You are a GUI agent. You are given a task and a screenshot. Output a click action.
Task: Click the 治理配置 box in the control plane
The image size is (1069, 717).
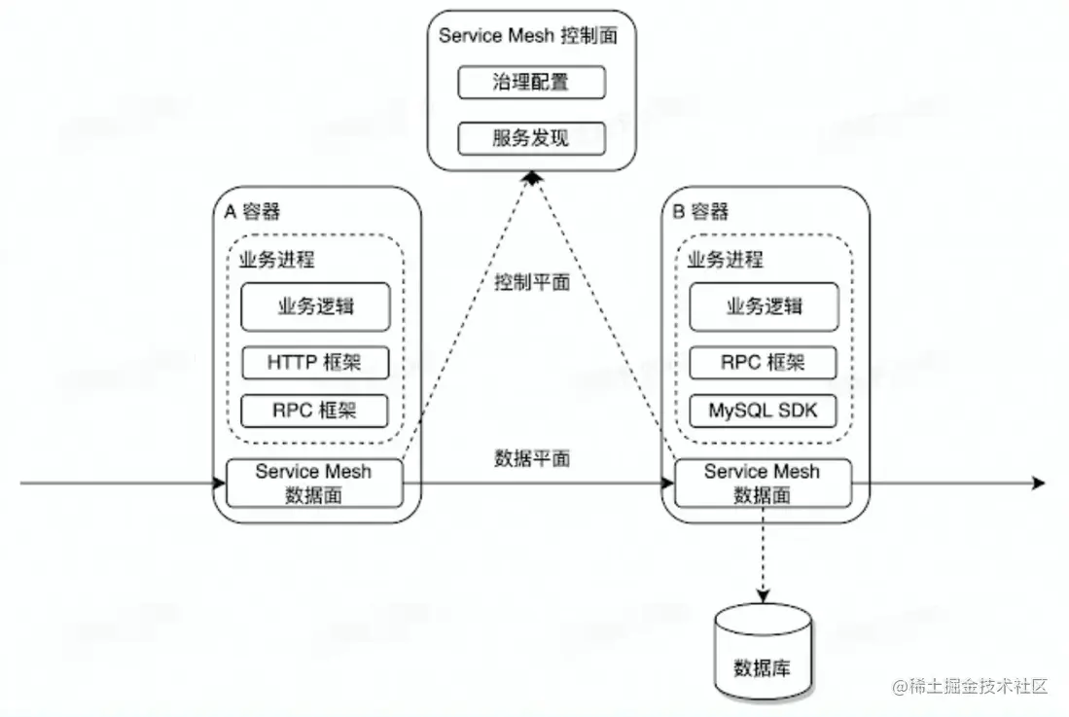click(531, 83)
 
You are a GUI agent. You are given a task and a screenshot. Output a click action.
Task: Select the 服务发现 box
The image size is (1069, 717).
click(531, 138)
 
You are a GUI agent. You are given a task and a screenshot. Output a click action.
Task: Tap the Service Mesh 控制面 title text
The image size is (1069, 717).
click(528, 36)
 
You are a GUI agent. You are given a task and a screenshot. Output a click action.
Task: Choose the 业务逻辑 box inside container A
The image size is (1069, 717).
click(315, 307)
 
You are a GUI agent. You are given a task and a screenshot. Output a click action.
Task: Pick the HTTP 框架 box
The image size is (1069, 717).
click(315, 363)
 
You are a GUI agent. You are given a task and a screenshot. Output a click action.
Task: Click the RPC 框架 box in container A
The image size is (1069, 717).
click(315, 411)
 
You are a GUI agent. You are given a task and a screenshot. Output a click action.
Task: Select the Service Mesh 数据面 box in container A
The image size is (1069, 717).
click(313, 483)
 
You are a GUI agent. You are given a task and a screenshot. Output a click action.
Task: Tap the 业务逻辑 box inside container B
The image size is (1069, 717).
click(764, 307)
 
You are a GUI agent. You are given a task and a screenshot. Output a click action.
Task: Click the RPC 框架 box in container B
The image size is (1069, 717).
click(764, 363)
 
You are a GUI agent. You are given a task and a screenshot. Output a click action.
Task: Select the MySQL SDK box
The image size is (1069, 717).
click(764, 411)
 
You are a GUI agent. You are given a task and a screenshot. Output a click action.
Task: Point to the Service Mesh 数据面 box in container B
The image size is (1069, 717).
click(763, 483)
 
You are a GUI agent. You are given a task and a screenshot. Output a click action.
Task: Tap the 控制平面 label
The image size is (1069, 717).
click(531, 283)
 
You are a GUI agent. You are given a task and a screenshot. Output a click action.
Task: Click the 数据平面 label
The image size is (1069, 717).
click(531, 458)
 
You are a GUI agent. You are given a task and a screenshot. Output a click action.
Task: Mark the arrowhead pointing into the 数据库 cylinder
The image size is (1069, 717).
click(763, 595)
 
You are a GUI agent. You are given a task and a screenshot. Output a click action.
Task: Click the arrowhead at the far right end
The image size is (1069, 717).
click(1038, 483)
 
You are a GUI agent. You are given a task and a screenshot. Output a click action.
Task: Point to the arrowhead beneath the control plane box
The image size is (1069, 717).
click(531, 177)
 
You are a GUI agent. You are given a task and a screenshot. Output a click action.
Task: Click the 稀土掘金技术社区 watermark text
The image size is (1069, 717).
click(978, 686)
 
